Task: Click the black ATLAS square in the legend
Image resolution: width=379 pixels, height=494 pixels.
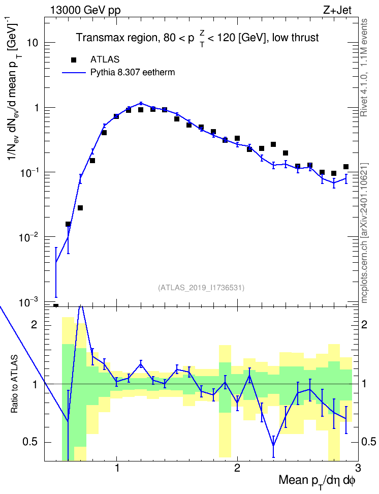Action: coord(74,59)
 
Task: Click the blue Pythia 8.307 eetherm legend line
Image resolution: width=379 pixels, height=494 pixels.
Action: coord(74,73)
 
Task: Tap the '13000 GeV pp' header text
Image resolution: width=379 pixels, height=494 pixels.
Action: coord(85,10)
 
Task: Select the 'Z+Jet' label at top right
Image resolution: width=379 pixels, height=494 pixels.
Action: coord(337,10)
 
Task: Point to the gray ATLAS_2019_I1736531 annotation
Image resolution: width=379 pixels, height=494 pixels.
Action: coord(201,287)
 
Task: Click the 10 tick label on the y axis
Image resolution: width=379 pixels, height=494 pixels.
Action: coord(33,43)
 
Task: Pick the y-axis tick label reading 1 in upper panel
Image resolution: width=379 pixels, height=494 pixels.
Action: coord(36,107)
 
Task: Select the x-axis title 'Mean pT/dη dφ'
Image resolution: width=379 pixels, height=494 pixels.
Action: coord(317,481)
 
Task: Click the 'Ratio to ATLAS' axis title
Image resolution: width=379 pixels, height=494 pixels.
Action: coord(14,384)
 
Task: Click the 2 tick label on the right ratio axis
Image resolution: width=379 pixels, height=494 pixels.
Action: coord(364,324)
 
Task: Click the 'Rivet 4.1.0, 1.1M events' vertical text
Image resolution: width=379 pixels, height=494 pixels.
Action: coord(364,68)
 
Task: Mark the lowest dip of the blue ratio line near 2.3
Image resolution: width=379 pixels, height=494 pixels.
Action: coord(273,446)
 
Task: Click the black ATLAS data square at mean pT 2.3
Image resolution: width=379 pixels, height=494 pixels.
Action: coord(273,144)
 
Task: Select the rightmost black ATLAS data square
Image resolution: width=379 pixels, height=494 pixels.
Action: coord(346,167)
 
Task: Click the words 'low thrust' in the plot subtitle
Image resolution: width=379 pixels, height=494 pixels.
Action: coord(295,38)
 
